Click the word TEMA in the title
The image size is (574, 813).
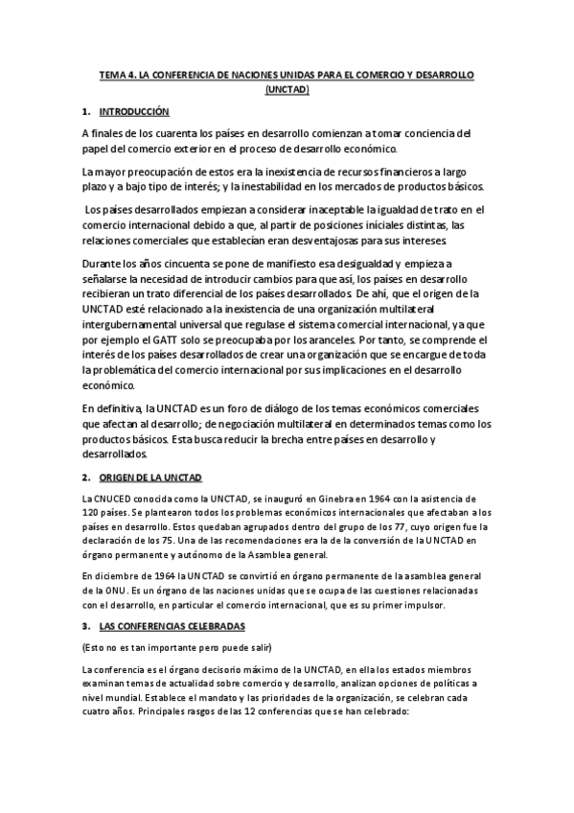tap(113, 74)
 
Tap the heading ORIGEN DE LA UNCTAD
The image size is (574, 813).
tap(151, 477)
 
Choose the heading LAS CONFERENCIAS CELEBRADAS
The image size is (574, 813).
tap(172, 625)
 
